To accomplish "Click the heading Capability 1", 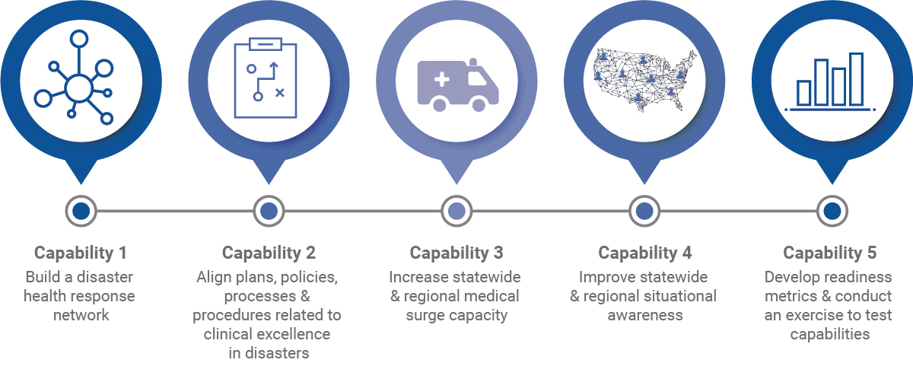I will click(81, 253).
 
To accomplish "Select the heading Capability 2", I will click(269, 253).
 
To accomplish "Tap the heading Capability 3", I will click(456, 253).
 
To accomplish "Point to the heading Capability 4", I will click(644, 253).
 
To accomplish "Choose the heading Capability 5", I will click(832, 253).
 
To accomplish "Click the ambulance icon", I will click(457, 84).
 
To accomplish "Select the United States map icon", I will click(644, 81).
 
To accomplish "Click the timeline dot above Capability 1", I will click(81, 211).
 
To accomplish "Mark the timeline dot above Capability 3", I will click(456, 211).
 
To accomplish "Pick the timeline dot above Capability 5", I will click(832, 211).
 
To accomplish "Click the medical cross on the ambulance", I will click(441, 79).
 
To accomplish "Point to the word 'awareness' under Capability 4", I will click(644, 314).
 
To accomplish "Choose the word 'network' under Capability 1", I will click(81, 314).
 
